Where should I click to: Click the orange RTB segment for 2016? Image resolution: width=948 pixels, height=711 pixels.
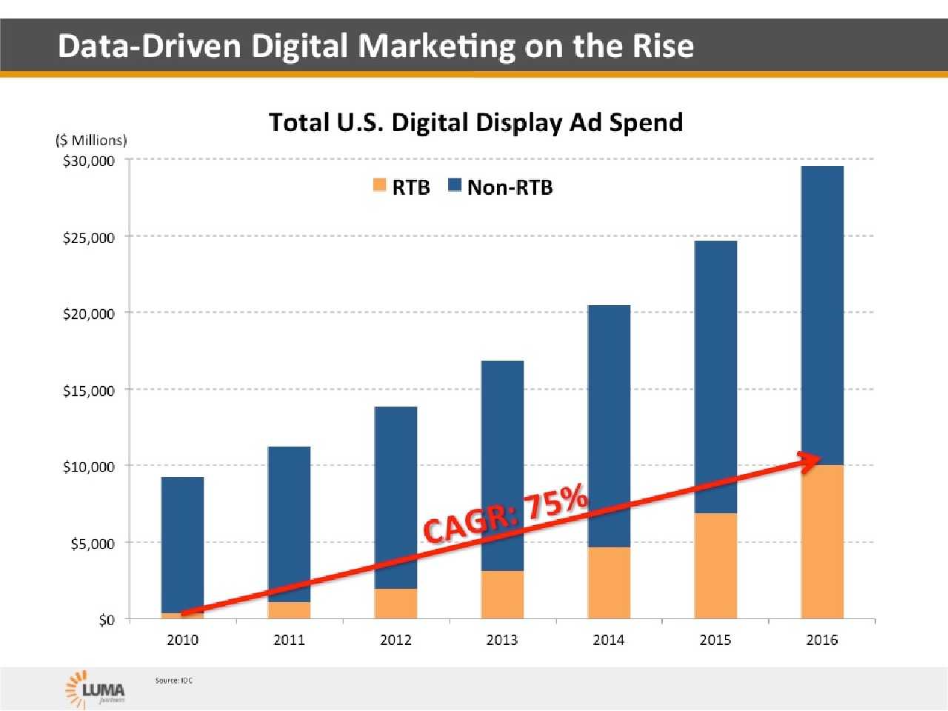coord(822,548)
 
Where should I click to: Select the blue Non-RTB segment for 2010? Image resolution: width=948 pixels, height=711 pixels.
coord(182,544)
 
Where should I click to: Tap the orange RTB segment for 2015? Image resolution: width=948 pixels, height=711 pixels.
coord(715,570)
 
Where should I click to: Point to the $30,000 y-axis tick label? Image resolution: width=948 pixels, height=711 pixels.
coord(89,161)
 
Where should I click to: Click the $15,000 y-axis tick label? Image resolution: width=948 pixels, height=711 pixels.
coord(89,390)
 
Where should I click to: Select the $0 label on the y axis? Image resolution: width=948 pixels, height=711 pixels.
coord(107,620)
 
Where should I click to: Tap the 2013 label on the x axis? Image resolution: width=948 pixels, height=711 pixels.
coord(502,640)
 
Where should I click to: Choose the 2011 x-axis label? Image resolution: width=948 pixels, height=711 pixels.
coord(289,640)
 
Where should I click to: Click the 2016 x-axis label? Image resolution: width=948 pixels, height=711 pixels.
coord(822,640)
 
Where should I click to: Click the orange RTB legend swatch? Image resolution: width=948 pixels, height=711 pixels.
coord(380,185)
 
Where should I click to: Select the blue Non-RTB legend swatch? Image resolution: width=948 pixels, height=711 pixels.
coord(455,185)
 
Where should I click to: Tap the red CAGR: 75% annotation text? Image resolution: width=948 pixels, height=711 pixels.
coord(507,514)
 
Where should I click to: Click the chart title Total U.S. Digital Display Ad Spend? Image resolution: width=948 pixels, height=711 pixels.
coord(475,122)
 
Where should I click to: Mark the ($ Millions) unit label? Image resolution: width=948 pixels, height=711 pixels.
coord(91,140)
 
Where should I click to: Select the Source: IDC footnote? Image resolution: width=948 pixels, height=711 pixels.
coord(174,680)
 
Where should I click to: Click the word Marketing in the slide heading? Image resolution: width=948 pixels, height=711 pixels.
coord(437,46)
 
